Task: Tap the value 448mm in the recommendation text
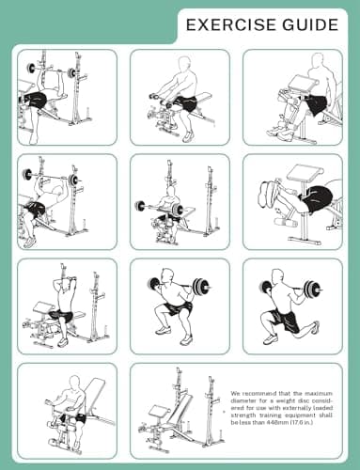tap(274, 422)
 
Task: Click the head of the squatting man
tap(167, 275)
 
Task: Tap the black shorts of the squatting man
tap(177, 308)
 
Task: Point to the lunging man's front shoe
tap(271, 339)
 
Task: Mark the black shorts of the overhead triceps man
tap(62, 317)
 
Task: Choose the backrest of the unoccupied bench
tap(180, 410)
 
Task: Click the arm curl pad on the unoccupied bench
tap(159, 412)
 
